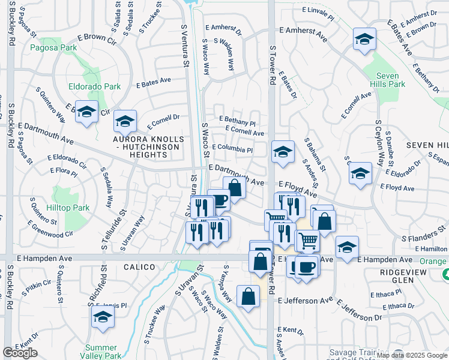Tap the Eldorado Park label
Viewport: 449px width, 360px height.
94,86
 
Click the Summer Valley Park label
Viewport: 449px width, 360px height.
101,351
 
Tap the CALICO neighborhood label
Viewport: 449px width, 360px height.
139,266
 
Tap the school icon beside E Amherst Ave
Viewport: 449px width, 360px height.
364,40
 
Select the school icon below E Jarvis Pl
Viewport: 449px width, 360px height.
103,317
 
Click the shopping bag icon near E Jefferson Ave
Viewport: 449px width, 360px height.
249,296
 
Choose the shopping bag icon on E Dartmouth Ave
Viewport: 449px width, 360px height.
235,188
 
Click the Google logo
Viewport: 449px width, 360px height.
20,353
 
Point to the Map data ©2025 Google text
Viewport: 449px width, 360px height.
412,355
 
